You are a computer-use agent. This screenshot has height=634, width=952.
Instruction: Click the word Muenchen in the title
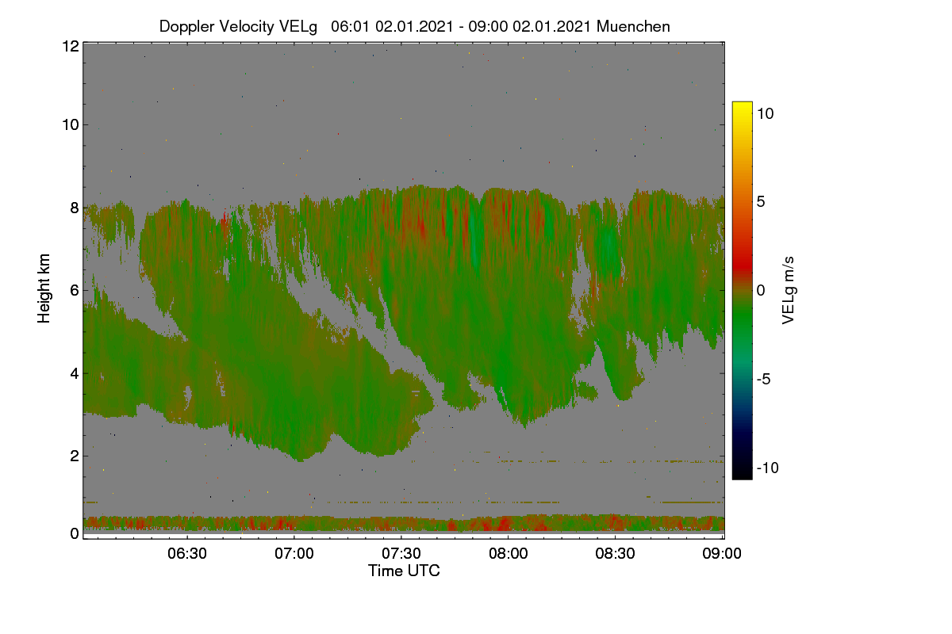pyautogui.click(x=633, y=26)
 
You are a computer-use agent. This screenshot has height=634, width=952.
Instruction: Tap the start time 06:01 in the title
pyautogui.click(x=351, y=26)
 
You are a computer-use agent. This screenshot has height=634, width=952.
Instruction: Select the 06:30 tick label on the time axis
pyautogui.click(x=187, y=553)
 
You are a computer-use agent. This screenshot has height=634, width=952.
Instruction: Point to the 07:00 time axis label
pyautogui.click(x=294, y=553)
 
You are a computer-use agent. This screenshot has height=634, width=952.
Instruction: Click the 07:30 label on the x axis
pyautogui.click(x=401, y=553)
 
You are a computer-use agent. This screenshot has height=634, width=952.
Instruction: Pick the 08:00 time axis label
pyautogui.click(x=509, y=553)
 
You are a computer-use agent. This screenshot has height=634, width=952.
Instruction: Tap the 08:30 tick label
pyautogui.click(x=615, y=553)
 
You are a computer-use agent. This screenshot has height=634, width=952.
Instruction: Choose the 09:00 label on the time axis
pyautogui.click(x=722, y=553)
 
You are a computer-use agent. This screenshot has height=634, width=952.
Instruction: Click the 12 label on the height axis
pyautogui.click(x=71, y=46)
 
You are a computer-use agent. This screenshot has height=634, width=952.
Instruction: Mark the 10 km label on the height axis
pyautogui.click(x=71, y=125)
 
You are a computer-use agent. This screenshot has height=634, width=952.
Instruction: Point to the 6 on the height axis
pyautogui.click(x=75, y=291)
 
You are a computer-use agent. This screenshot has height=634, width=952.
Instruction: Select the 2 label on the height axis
pyautogui.click(x=75, y=456)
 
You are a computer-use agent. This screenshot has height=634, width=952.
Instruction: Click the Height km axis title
pyautogui.click(x=44, y=288)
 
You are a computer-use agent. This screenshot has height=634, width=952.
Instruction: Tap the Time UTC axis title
pyautogui.click(x=404, y=571)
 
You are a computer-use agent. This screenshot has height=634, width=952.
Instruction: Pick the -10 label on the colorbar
pyautogui.click(x=768, y=468)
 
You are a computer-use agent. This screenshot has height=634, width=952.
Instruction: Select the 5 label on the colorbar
pyautogui.click(x=761, y=202)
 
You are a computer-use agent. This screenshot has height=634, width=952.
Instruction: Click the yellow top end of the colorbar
pyautogui.click(x=742, y=104)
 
